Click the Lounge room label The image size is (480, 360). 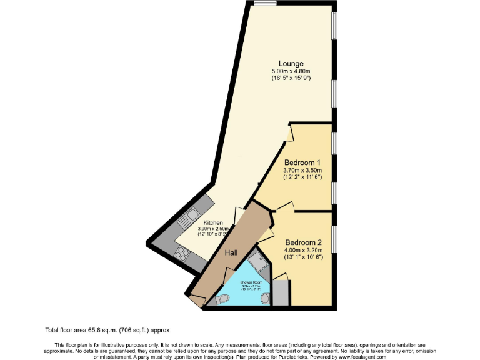pyautogui.click(x=291, y=63)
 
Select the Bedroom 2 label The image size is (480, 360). pyautogui.click(x=303, y=242)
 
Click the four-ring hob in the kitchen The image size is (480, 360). pyautogui.click(x=182, y=253)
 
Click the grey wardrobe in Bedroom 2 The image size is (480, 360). pyautogui.click(x=281, y=292)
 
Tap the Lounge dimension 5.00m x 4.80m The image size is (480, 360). pyautogui.click(x=291, y=71)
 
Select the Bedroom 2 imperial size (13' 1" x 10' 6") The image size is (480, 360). pyautogui.click(x=303, y=257)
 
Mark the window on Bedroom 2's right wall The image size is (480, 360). pyautogui.click(x=335, y=241)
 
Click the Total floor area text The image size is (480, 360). pyautogui.click(x=107, y=330)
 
